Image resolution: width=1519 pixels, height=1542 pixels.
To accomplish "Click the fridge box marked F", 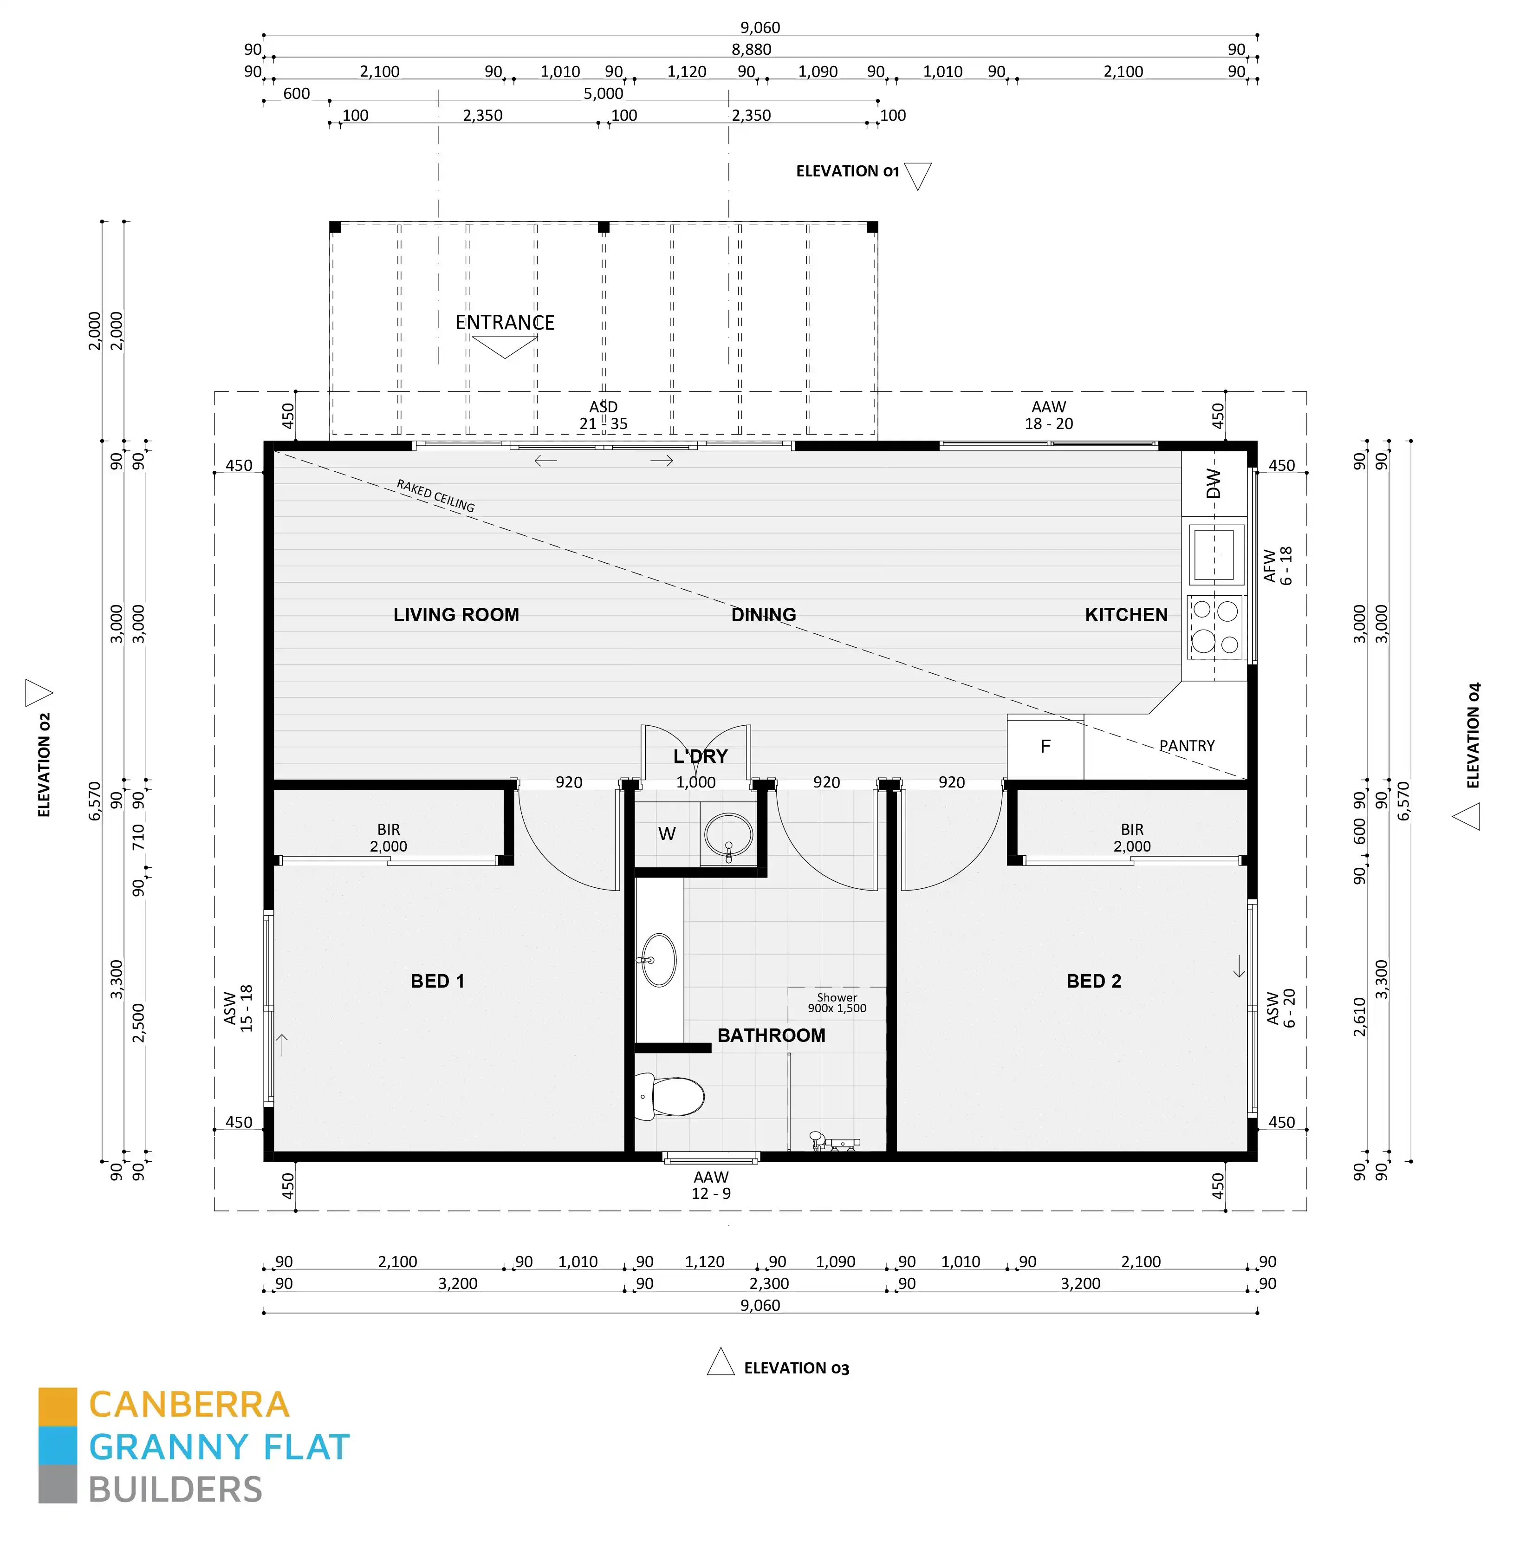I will [x=1045, y=747].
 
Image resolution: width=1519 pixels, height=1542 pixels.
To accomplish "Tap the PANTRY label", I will [x=1186, y=746].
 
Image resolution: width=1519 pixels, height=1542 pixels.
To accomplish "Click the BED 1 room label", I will [x=437, y=981].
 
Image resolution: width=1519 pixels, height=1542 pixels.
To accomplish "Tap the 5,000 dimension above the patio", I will [x=603, y=93].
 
